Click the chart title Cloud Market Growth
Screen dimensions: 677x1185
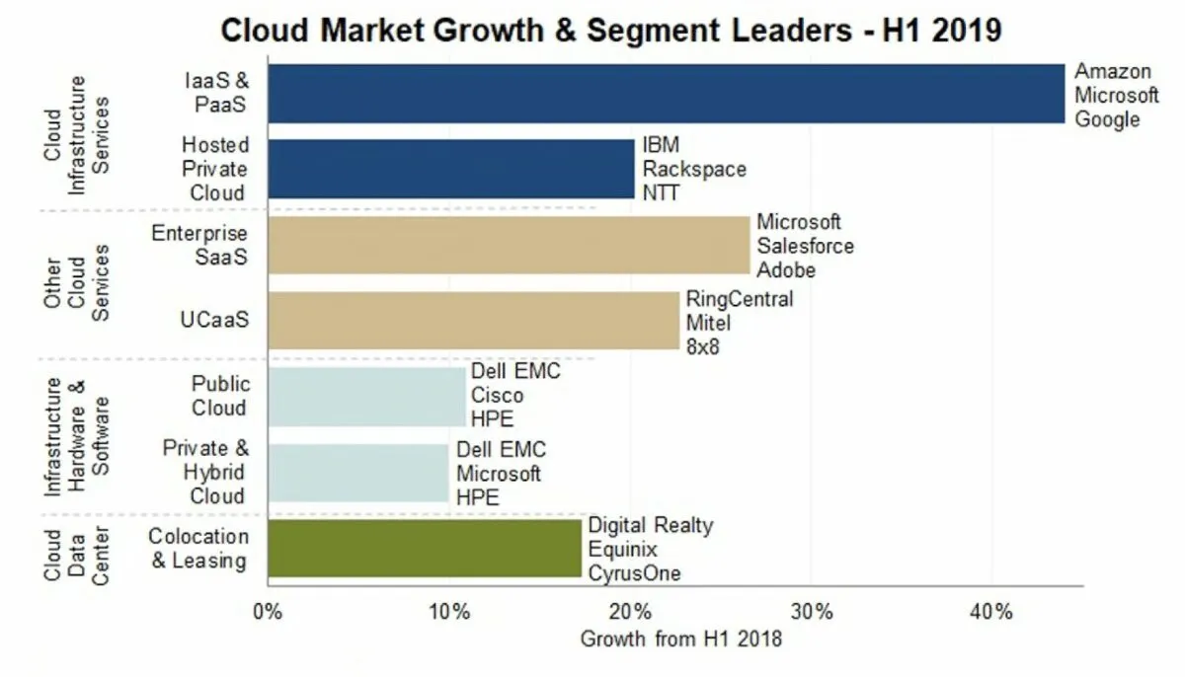(x=611, y=30)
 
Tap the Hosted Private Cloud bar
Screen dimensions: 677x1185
(x=450, y=169)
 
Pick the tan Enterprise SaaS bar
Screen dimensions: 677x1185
(x=509, y=246)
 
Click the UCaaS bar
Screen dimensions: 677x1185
(x=473, y=321)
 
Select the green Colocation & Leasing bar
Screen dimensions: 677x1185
(x=425, y=549)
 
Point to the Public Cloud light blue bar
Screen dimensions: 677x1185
(x=366, y=397)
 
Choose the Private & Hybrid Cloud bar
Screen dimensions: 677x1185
(x=357, y=473)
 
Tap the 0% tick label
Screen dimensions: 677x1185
(x=269, y=612)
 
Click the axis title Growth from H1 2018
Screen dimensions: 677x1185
(x=680, y=639)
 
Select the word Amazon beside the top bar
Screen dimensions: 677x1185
(x=1112, y=71)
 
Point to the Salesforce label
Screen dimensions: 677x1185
(x=805, y=246)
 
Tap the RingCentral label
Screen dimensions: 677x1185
(x=740, y=299)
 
